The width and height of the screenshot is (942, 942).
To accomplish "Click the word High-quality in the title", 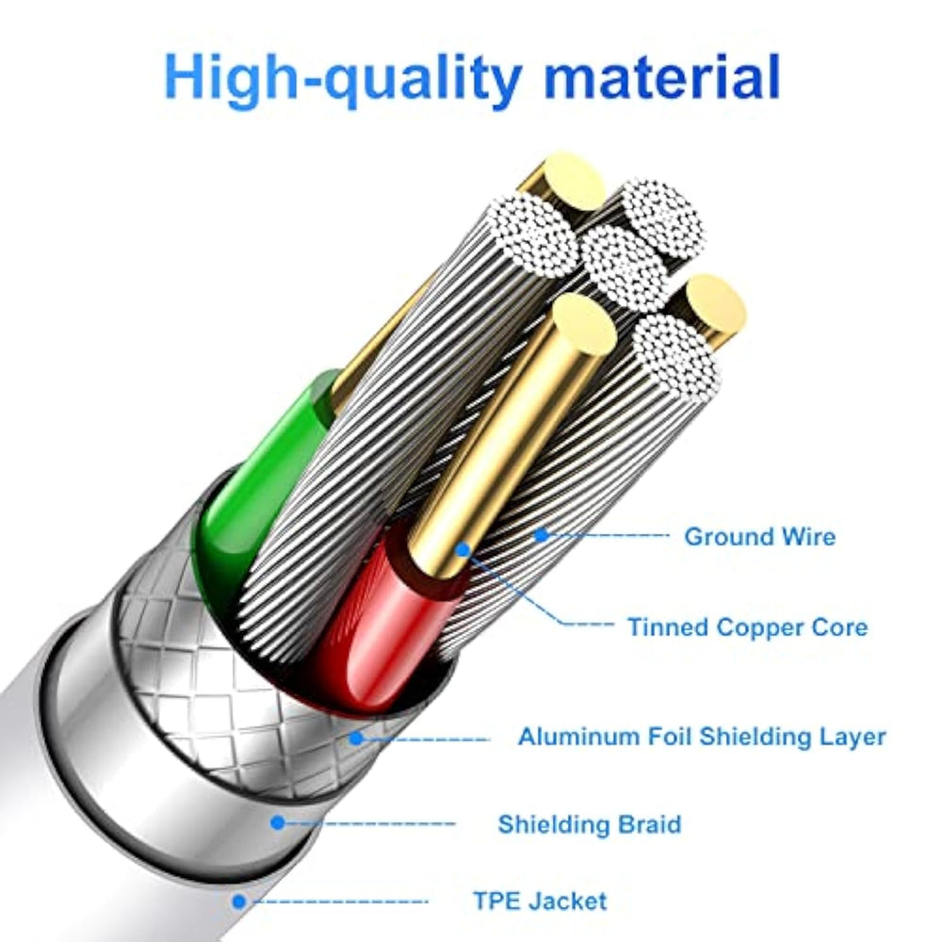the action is point(343,80).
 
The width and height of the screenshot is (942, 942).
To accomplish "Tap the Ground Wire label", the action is point(760,537).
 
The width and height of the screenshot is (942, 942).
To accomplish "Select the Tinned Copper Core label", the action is point(748,627).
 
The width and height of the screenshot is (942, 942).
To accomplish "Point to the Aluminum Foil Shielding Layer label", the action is point(703,737).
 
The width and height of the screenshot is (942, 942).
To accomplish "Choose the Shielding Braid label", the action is point(590,824).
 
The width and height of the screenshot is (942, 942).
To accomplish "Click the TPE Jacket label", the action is point(540,901).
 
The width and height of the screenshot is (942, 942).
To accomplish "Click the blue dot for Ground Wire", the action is point(542,534).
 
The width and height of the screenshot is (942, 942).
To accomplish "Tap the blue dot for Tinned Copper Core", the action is point(463,549).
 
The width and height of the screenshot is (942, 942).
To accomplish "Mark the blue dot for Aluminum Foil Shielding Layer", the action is point(357,738).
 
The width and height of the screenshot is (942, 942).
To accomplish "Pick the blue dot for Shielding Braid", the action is point(278,822).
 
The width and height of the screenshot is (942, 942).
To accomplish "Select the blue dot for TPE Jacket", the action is point(239,901).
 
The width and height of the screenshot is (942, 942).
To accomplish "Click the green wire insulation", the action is point(265,480).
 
